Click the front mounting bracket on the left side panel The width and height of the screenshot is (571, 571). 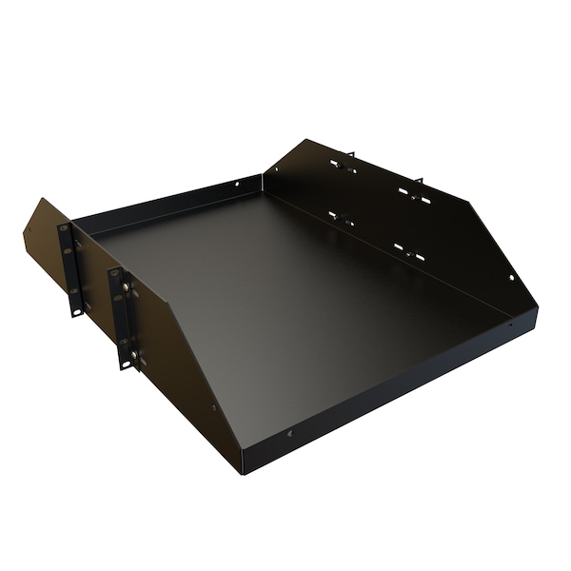(x=121, y=318)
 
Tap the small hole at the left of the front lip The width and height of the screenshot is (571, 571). (x=289, y=434)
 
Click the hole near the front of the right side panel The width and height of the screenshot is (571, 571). (x=511, y=278)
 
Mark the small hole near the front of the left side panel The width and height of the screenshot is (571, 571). (x=213, y=408)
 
